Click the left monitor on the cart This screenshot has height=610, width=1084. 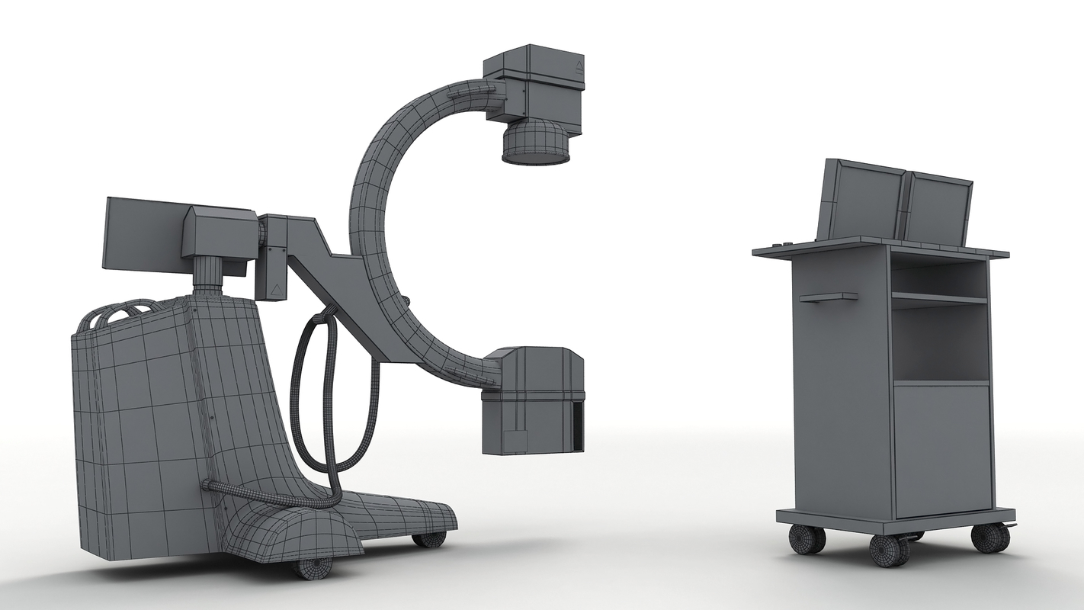[x=859, y=201]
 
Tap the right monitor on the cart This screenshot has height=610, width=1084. [x=937, y=210]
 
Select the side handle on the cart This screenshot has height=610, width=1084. [x=828, y=297]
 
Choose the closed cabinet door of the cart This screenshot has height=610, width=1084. [x=942, y=449]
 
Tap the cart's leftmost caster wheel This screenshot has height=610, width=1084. [x=806, y=539]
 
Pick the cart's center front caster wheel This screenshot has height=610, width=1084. [x=889, y=550]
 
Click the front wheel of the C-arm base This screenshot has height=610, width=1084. [x=313, y=567]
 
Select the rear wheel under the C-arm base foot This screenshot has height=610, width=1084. [x=429, y=539]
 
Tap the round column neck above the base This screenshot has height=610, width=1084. [x=207, y=276]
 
